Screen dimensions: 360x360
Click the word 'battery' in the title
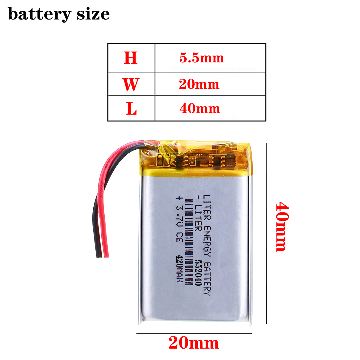(x=39, y=14)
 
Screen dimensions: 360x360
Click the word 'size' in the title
(x=93, y=14)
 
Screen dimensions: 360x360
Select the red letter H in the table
(x=131, y=58)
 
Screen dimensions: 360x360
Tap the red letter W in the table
(x=131, y=84)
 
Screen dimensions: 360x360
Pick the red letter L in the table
(x=131, y=109)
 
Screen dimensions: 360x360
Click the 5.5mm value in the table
(x=202, y=58)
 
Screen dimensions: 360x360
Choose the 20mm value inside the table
(x=199, y=84)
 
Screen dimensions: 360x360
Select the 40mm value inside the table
(x=200, y=109)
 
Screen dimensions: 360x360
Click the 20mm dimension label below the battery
(x=194, y=343)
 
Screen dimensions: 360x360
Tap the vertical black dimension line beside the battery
(x=266, y=234)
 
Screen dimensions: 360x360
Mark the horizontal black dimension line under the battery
(x=194, y=333)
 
